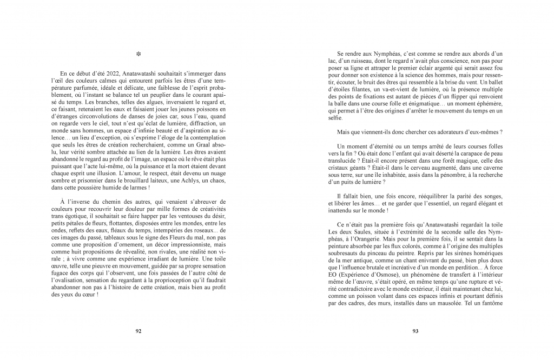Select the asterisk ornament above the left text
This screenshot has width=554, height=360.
pyautogui.click(x=138, y=54)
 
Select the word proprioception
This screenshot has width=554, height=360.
pyautogui.click(x=171, y=281)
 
